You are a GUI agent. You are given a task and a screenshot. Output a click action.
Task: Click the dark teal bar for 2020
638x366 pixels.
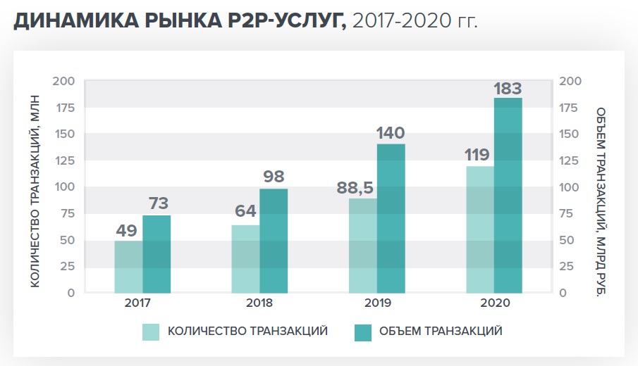[508, 195]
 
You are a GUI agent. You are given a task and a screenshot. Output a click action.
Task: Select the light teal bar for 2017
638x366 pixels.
[128, 267]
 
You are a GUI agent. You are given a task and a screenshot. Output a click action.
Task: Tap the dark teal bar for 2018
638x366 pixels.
[274, 241]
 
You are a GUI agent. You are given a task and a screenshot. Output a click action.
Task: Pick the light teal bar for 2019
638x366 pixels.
[363, 246]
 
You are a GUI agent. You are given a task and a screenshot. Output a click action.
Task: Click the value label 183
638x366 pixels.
[508, 89]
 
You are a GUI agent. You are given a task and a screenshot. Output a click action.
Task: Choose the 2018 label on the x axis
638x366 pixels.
[259, 305]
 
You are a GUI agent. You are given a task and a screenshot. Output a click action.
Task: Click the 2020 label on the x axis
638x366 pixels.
[494, 305]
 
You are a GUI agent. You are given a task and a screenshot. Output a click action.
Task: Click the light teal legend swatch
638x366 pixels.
[152, 332]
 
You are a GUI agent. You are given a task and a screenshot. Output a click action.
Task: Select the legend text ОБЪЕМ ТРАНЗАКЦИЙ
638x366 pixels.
[441, 332]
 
